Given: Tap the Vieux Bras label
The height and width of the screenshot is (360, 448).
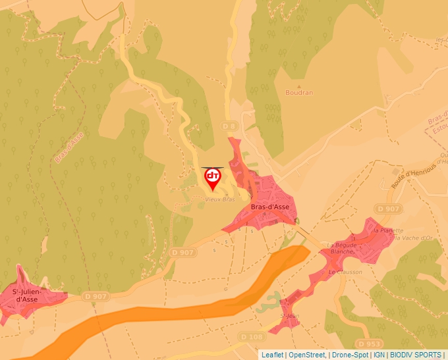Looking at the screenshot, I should [x=220, y=199].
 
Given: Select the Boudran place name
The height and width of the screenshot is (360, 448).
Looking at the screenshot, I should [x=299, y=93].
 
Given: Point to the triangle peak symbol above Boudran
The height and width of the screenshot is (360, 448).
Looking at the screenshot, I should [x=299, y=86].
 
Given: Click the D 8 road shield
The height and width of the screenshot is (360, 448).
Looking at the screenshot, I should [x=229, y=126].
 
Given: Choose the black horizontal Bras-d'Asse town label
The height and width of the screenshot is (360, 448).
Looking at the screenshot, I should [x=270, y=207].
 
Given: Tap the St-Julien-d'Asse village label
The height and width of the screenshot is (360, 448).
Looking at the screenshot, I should [x=25, y=295].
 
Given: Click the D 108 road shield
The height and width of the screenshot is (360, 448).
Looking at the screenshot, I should [x=252, y=337].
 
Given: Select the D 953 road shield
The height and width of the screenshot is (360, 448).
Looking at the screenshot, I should [x=369, y=344].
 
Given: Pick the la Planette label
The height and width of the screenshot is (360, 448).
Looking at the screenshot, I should [x=389, y=231].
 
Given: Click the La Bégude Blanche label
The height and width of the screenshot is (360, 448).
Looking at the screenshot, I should [x=342, y=249].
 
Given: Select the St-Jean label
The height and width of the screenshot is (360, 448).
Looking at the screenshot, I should [x=290, y=317].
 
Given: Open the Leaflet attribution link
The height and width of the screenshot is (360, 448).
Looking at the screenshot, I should [x=272, y=355].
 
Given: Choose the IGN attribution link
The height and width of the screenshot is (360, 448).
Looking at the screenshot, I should [x=379, y=355].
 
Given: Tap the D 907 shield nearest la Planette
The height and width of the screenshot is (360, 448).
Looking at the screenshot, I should [x=389, y=209].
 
